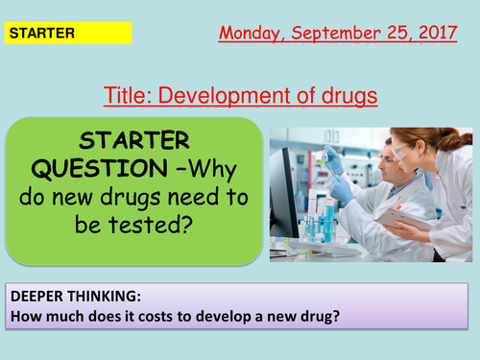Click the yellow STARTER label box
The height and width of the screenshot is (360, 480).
(x=67, y=34)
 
